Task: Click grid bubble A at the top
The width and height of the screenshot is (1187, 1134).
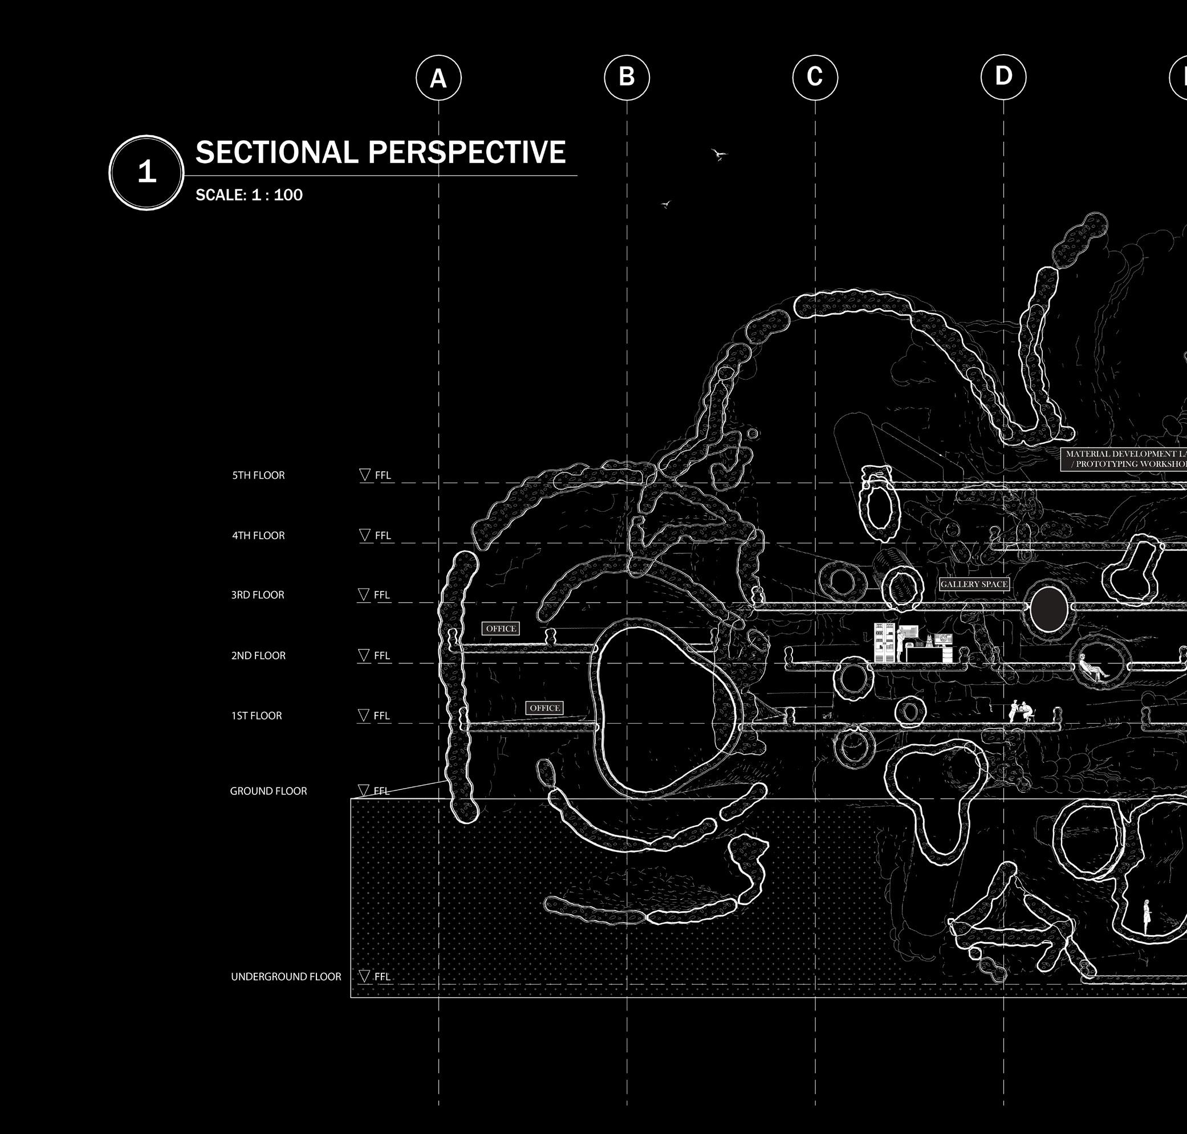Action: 438,78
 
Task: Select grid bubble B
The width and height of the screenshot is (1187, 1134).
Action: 627,77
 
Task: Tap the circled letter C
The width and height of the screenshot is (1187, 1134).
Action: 815,77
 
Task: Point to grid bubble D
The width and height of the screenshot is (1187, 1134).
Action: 1003,77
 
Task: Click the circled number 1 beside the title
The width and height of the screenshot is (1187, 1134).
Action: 147,172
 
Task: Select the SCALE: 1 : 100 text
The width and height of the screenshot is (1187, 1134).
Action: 249,195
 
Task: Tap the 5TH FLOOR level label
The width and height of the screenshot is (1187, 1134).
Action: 258,475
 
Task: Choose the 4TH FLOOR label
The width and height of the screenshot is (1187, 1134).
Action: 258,536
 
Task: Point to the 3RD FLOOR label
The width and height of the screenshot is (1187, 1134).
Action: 258,595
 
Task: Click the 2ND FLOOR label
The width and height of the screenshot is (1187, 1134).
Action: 258,655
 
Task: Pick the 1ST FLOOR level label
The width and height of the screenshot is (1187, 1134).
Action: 257,716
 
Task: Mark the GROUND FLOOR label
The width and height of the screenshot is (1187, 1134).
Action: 269,792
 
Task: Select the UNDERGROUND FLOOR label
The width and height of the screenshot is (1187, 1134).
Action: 286,977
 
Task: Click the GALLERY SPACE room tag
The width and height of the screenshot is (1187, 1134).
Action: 974,584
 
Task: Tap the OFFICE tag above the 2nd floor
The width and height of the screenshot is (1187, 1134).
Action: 501,629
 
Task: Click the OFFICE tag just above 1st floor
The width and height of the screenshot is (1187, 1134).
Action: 544,708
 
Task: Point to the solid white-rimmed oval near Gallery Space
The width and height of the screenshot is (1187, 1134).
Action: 1048,609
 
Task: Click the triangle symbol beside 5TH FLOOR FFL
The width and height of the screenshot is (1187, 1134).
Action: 365,475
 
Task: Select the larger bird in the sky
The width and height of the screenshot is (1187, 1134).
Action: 718,155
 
